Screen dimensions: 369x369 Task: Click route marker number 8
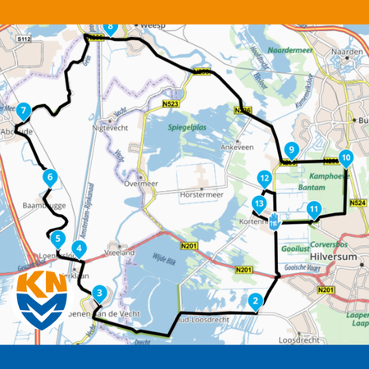click(111, 28)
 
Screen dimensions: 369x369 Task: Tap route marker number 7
click(24, 110)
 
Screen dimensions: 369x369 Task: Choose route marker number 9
click(291, 149)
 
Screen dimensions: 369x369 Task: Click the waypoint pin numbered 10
click(345, 157)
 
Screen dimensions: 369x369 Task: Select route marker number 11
click(313, 209)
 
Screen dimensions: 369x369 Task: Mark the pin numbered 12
click(263, 177)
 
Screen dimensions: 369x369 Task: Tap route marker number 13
click(259, 203)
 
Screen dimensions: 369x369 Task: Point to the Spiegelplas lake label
click(186, 130)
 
